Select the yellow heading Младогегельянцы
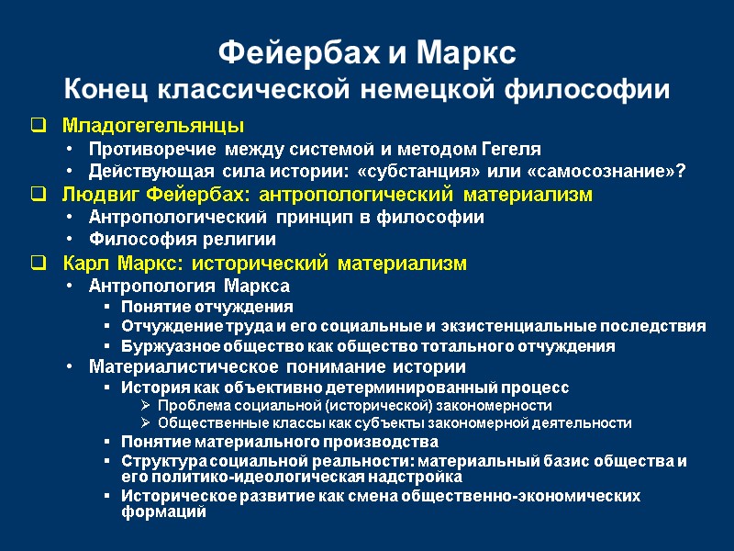click(153, 125)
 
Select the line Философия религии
click(182, 241)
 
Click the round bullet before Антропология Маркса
click(71, 287)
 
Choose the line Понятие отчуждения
click(207, 307)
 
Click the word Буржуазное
click(166, 347)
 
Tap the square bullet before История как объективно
click(108, 388)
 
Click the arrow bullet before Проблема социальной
click(146, 405)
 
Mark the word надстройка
click(417, 478)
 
